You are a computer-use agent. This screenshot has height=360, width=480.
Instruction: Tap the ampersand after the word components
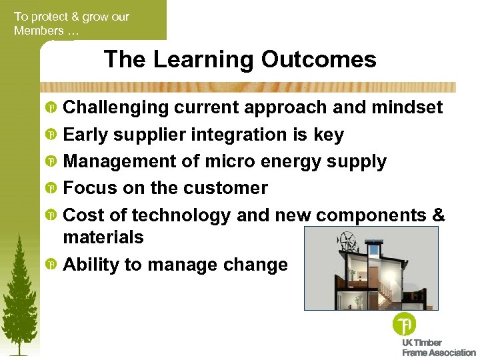[x=438, y=216]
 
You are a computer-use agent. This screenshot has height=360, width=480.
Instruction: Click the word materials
[x=103, y=237]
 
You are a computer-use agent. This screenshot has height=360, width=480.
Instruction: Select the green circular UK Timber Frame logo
[x=404, y=325]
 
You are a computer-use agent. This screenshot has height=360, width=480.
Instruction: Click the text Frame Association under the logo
[x=439, y=353]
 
